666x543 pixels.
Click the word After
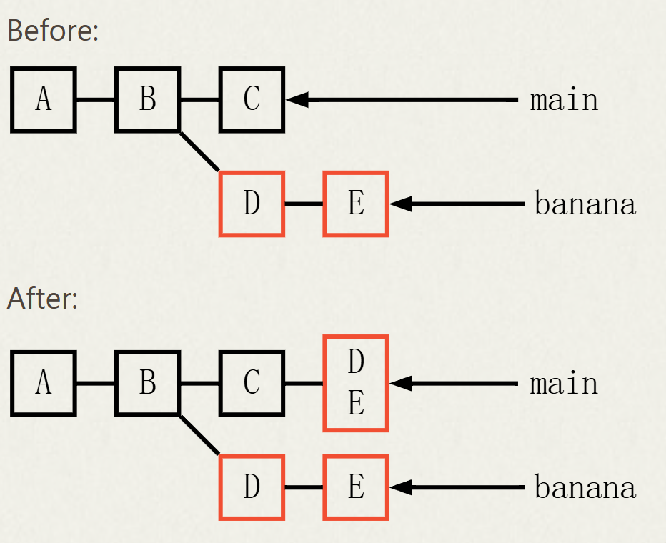pos(42,298)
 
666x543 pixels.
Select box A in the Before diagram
pos(44,99)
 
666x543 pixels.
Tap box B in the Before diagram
pos(147,99)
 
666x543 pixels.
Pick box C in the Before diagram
pos(252,99)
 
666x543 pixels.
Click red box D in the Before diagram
pos(252,204)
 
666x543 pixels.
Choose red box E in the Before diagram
pos(356,204)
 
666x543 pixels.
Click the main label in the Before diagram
pos(564,100)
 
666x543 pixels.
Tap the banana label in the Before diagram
pos(585,204)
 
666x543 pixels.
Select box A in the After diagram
pos(44,383)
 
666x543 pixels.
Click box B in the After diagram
pos(147,383)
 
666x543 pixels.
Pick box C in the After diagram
pos(252,383)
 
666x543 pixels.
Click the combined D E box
pos(356,383)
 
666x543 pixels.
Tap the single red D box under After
pos(252,487)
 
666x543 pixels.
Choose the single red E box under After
pos(356,487)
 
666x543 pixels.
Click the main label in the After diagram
pos(564,384)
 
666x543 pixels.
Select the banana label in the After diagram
pos(585,488)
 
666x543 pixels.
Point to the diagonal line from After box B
pos(199,435)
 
